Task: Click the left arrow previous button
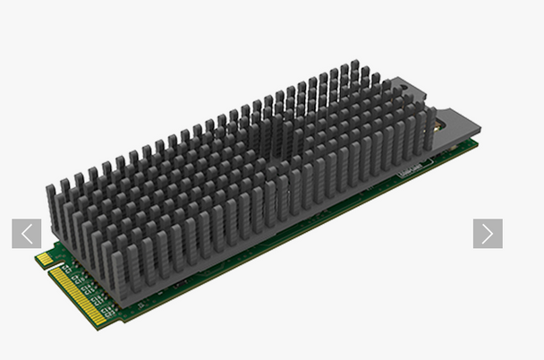27,234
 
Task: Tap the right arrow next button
488,234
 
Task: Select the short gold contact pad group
43,259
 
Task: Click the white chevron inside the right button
488,234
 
